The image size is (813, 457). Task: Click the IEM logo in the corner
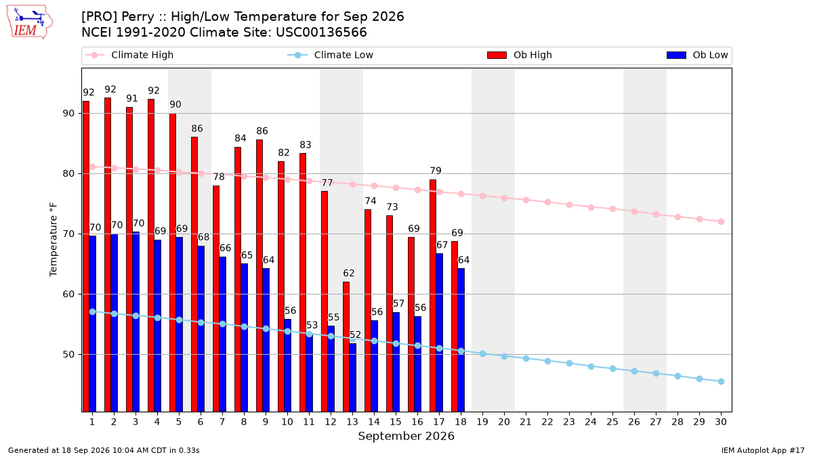click(30, 22)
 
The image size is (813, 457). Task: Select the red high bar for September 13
click(346, 347)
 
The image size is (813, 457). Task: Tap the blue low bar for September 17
click(440, 332)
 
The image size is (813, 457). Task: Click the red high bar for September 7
click(216, 299)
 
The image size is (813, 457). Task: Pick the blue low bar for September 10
click(287, 365)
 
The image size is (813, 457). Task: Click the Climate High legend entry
click(129, 55)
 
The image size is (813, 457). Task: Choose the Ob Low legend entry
click(697, 55)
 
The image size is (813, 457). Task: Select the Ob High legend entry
click(520, 55)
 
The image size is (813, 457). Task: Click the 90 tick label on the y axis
click(68, 114)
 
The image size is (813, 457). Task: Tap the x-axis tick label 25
click(612, 422)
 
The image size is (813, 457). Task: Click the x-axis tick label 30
click(721, 422)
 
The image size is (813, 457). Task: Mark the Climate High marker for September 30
click(721, 221)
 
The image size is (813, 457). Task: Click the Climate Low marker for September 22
click(547, 362)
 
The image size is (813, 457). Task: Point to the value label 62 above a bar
click(349, 273)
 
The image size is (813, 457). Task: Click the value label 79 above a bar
click(436, 171)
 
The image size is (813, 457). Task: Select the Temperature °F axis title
click(54, 240)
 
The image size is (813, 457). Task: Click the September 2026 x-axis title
click(406, 436)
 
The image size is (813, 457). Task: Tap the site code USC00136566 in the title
click(321, 32)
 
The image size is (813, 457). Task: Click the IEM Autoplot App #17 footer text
click(763, 450)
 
